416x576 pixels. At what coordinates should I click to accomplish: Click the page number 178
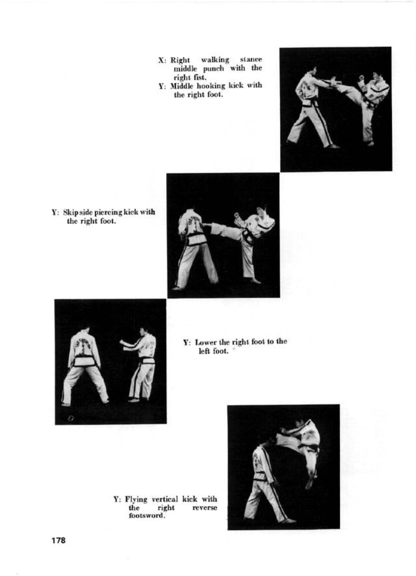coord(58,540)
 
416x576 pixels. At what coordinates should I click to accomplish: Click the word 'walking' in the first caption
coord(215,60)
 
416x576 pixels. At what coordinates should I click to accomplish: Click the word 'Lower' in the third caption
coord(205,342)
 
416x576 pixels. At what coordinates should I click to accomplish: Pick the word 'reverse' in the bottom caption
coord(204,508)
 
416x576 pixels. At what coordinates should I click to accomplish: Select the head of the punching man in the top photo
coord(313,70)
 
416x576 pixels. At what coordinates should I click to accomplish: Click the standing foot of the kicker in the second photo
coord(255,280)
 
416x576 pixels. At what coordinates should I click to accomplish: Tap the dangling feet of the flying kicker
coord(310,484)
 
